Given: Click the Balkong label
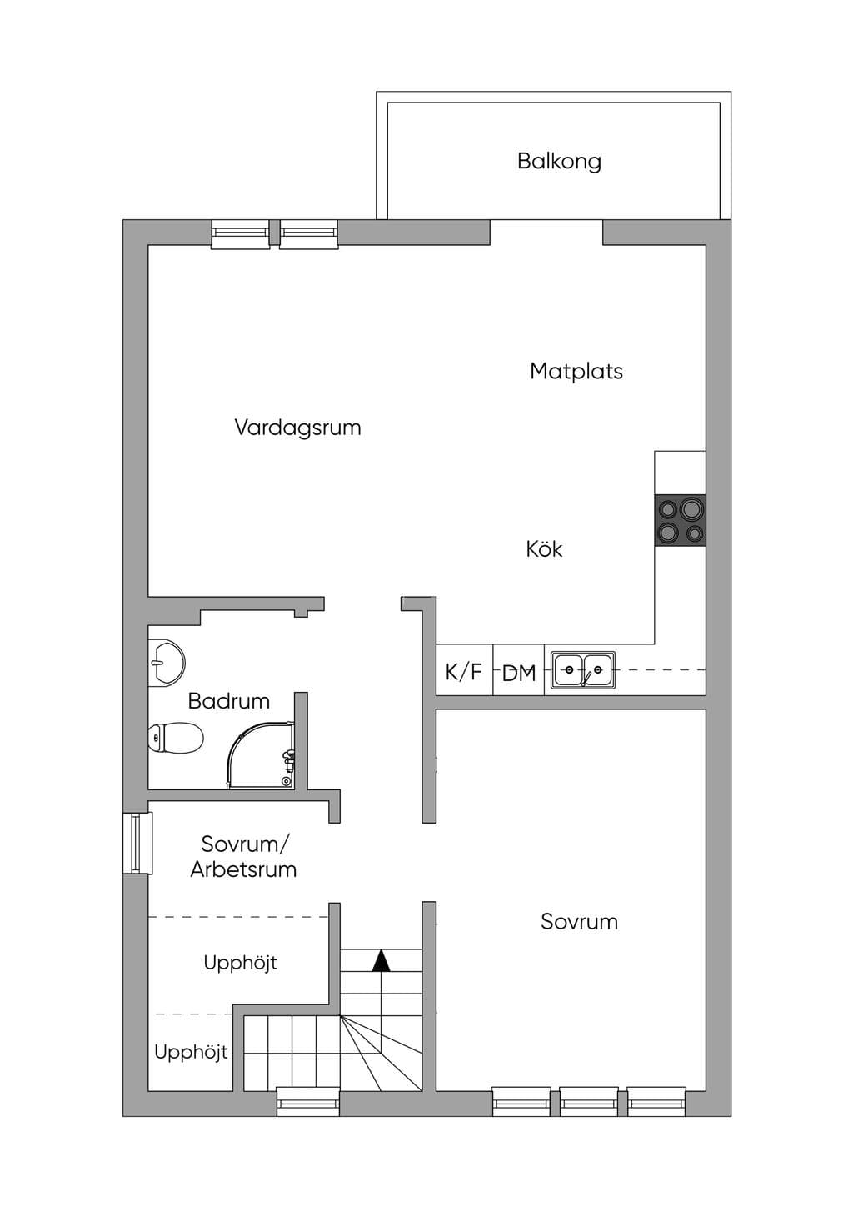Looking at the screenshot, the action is pyautogui.click(x=559, y=161).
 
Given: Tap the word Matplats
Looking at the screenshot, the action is pyautogui.click(x=576, y=371).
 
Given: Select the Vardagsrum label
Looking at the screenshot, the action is pyautogui.click(x=297, y=428).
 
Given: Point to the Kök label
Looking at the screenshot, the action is pyautogui.click(x=544, y=549).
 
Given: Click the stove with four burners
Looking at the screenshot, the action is pyautogui.click(x=680, y=520).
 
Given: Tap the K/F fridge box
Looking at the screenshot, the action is pyautogui.click(x=464, y=670).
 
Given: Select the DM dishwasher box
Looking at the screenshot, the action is pyautogui.click(x=519, y=670).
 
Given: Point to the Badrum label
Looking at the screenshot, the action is pyautogui.click(x=229, y=701).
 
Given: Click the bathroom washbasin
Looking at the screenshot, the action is pyautogui.click(x=167, y=663).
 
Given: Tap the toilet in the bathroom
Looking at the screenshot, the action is pyautogui.click(x=176, y=738).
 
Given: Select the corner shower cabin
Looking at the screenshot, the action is pyautogui.click(x=262, y=755).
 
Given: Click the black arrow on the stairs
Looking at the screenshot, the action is pyautogui.click(x=382, y=960).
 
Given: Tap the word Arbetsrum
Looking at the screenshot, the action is pyautogui.click(x=243, y=869).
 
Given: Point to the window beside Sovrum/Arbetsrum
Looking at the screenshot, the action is pyautogui.click(x=137, y=844).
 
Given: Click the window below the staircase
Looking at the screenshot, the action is pyautogui.click(x=308, y=1102).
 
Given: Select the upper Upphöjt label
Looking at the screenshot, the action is pyautogui.click(x=240, y=963).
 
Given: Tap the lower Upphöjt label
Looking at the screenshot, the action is pyautogui.click(x=191, y=1051).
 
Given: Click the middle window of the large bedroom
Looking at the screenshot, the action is pyautogui.click(x=589, y=1102).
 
